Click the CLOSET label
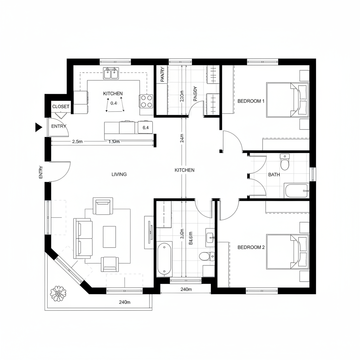click(61, 107)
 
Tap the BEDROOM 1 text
click(251, 101)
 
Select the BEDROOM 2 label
click(251, 247)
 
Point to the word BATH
click(274, 174)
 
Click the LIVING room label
click(119, 174)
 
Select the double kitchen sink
click(111, 74)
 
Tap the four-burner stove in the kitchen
click(147, 101)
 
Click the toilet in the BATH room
click(284, 162)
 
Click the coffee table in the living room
click(109, 236)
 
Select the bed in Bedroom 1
click(287, 100)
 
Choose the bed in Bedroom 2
click(287, 252)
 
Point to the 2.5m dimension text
click(77, 142)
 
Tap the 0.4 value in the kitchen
click(114, 103)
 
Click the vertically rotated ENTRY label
click(41, 172)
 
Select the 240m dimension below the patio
click(125, 302)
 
